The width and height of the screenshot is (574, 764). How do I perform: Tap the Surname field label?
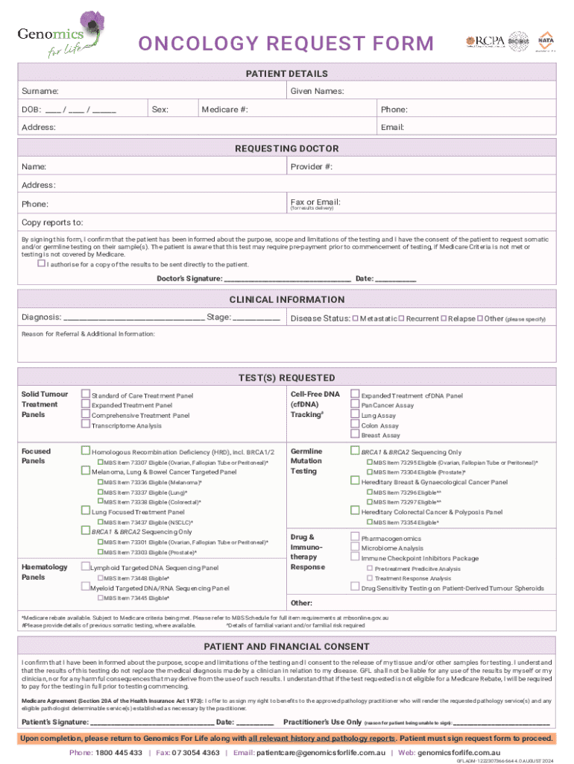point(40,91)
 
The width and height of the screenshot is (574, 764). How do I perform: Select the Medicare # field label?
point(224,110)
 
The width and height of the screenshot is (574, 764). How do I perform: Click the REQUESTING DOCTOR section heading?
point(287,148)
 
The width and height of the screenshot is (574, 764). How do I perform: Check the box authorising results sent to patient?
point(41,263)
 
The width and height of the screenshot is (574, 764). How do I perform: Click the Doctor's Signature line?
point(287,279)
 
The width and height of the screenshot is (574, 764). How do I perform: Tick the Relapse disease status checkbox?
point(444,319)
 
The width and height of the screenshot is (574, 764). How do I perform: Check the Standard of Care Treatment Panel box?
point(86,395)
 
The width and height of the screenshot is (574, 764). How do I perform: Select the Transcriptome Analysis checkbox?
point(86,425)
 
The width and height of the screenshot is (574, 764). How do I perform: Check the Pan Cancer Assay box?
point(356,404)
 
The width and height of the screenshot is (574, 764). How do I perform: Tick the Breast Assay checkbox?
point(356,434)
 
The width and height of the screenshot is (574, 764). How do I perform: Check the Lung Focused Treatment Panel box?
point(86,512)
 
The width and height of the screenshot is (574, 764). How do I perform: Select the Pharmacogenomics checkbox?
point(356,537)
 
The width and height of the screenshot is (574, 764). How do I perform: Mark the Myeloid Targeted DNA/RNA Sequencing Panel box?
point(86,587)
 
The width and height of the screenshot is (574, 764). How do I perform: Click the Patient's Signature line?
point(152,723)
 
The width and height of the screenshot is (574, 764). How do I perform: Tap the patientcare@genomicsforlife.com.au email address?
point(321,753)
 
